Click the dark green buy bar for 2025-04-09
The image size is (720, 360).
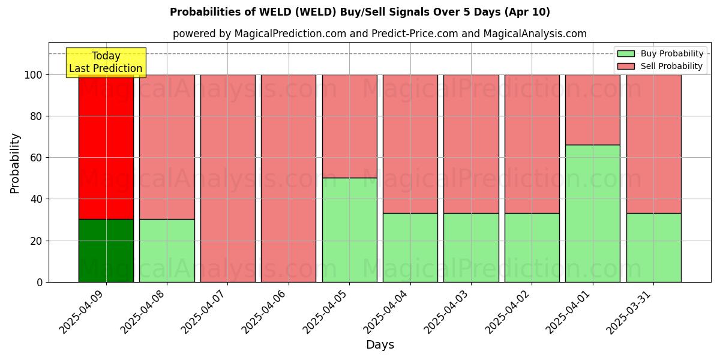coord(106,250)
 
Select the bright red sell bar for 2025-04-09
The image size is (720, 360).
coord(106,147)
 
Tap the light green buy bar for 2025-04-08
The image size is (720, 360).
coord(167,250)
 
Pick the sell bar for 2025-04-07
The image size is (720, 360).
coord(228,178)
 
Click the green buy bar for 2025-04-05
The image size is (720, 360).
coord(350,230)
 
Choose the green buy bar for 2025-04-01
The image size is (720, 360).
coord(593,213)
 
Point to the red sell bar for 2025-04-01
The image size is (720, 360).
coord(593,110)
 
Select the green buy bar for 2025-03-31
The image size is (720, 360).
coord(654,247)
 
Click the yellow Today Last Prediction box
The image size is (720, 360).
coord(106,62)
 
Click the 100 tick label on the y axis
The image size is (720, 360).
coord(34,75)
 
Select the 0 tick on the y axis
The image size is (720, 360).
coord(40,282)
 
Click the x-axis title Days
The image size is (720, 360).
coord(380,345)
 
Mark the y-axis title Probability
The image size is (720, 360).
coord(15,163)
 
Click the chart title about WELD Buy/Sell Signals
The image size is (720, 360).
coord(360,12)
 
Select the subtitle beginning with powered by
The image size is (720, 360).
coord(380,34)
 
